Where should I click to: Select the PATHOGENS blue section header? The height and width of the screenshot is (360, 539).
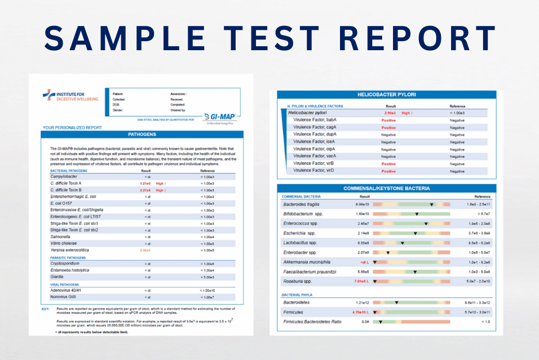tap(142, 135)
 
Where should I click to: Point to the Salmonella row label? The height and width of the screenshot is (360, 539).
tap(61, 236)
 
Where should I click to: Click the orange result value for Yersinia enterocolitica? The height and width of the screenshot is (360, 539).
tap(145, 250)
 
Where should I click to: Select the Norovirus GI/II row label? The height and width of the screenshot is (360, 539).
tap(66, 297)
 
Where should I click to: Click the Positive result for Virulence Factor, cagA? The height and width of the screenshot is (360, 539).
tap(388, 128)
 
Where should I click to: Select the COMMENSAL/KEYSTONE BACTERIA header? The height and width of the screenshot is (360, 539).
tap(387, 188)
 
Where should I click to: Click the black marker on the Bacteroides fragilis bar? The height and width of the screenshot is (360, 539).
tap(432, 204)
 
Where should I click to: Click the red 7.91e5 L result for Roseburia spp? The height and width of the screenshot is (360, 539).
tap(361, 281)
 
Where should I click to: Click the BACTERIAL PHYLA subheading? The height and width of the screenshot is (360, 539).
tap(297, 295)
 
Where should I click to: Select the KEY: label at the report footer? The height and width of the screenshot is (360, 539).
tap(46, 309)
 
